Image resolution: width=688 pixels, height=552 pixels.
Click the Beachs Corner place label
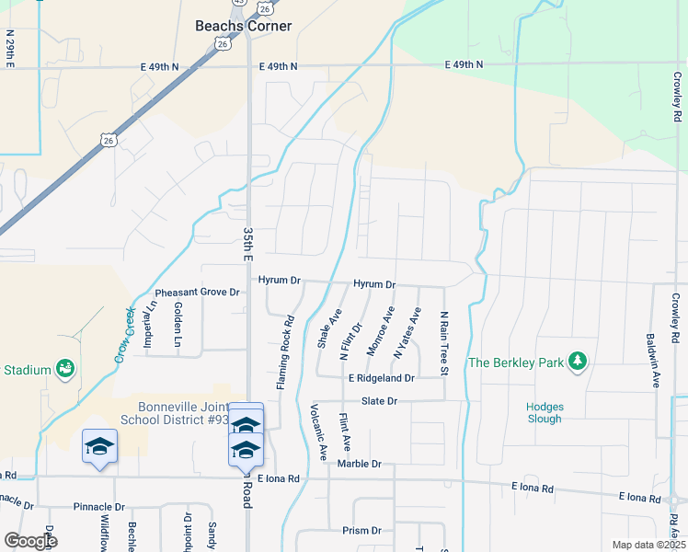point(244,26)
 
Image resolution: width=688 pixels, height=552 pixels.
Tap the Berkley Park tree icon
point(577,362)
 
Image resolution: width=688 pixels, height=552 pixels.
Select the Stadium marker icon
point(65,370)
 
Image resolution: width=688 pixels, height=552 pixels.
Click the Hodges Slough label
point(545,412)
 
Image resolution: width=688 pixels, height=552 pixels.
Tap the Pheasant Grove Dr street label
point(197,293)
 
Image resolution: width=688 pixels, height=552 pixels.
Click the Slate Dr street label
point(379,401)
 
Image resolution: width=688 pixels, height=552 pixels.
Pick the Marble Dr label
point(359,464)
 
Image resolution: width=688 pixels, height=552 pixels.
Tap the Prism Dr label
point(361,531)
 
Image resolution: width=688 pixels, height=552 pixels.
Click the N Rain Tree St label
point(443,342)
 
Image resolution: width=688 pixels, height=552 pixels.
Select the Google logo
point(30,541)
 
